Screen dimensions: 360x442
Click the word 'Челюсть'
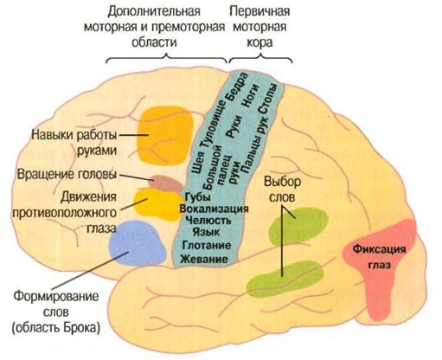tap(207, 222)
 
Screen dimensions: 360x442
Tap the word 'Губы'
tap(198, 196)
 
